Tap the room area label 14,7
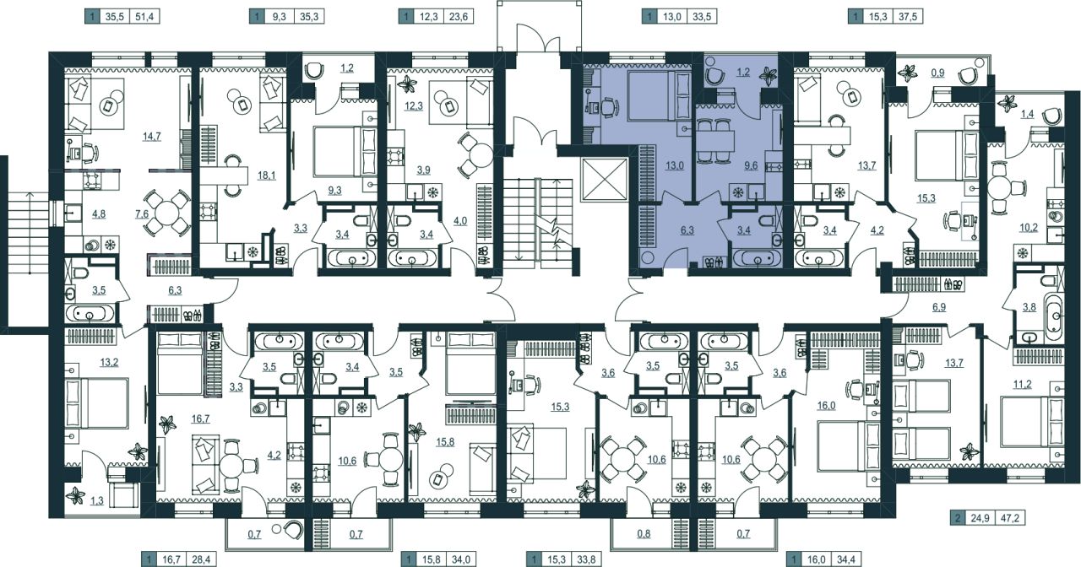click(151, 137)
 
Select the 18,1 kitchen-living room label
click(266, 175)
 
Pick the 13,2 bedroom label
click(109, 363)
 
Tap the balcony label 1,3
click(96, 501)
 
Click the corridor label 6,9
click(939, 307)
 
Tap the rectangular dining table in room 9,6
click(715, 140)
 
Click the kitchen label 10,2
click(1029, 228)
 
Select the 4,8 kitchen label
click(99, 214)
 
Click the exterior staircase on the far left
click(30, 233)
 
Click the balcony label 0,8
click(644, 534)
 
